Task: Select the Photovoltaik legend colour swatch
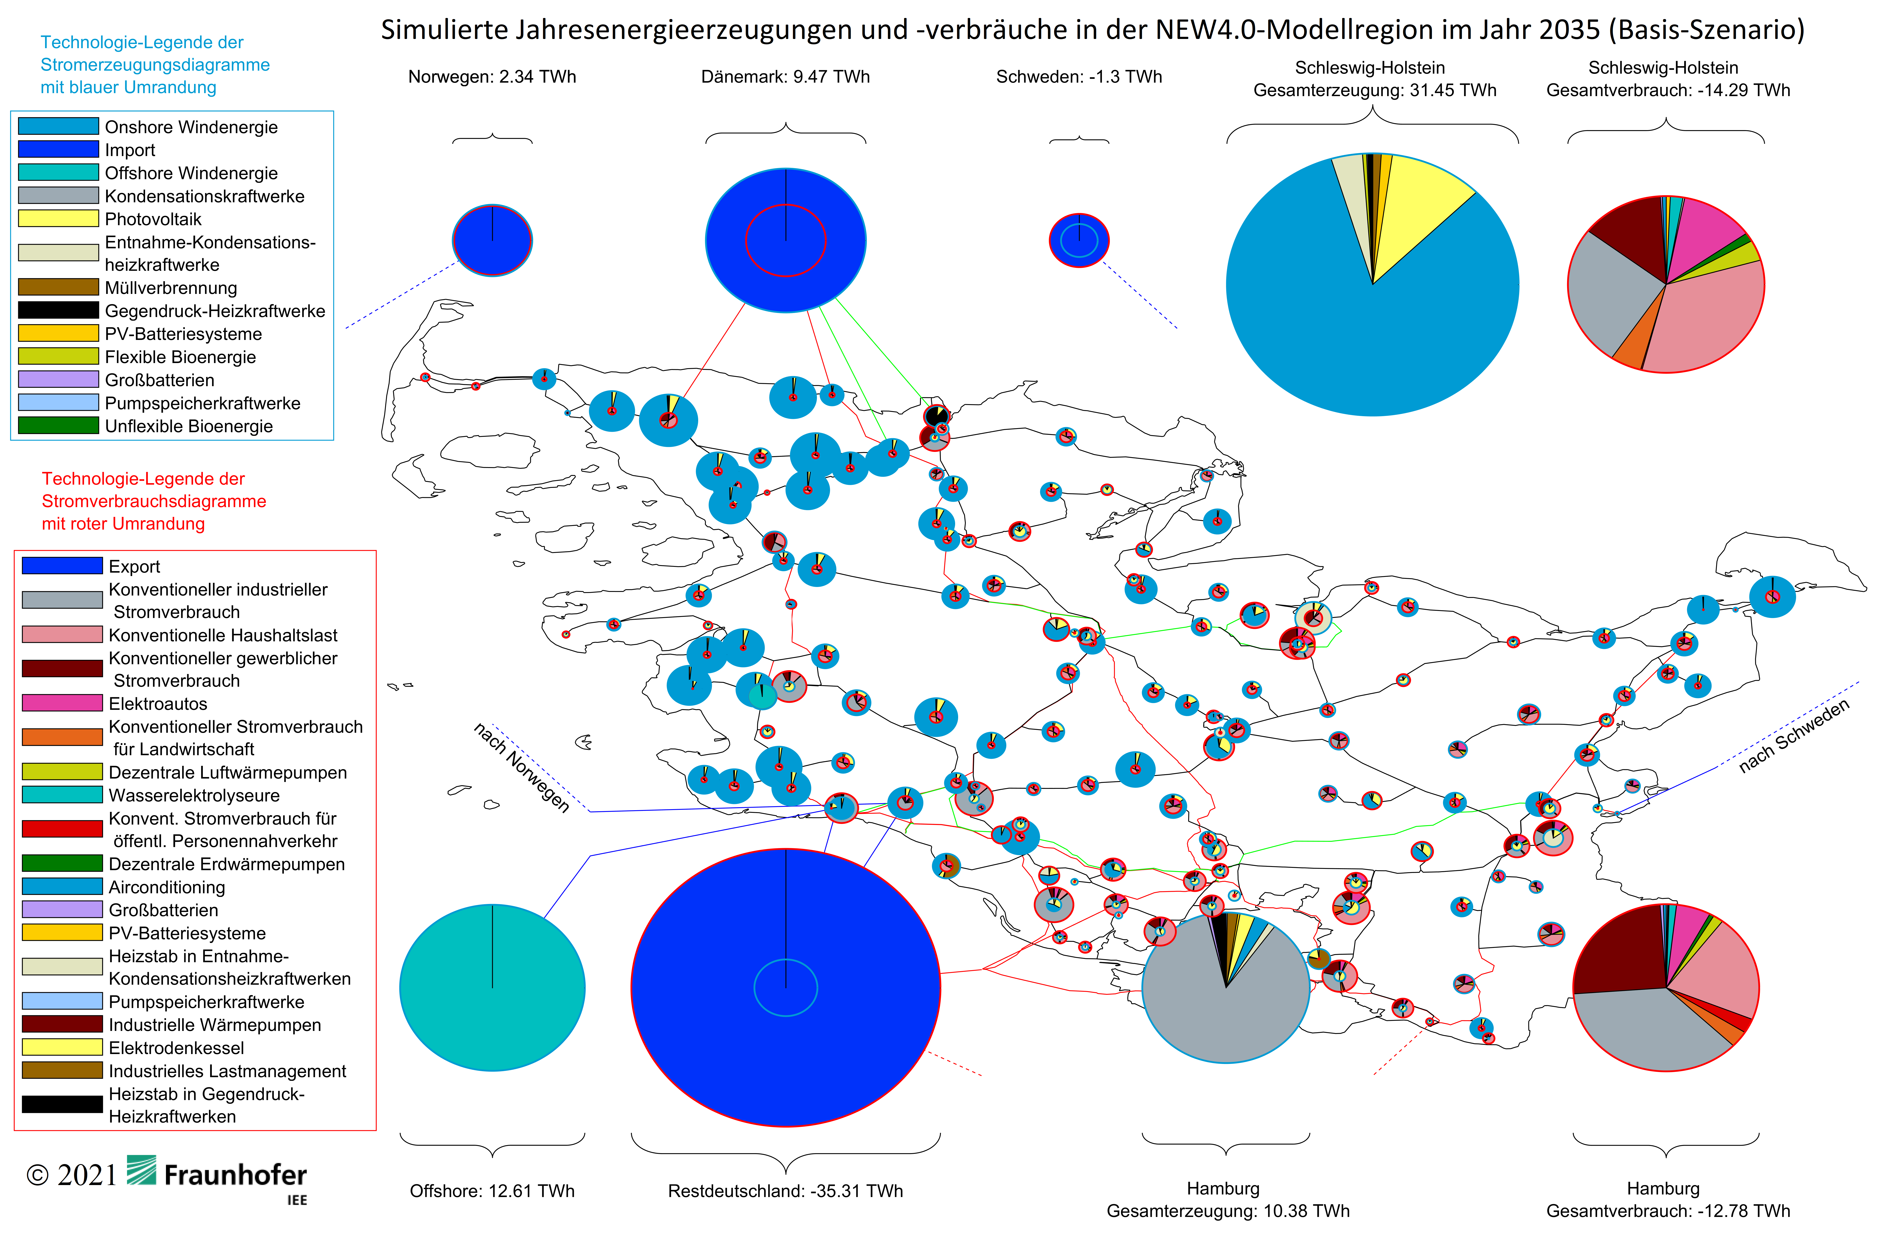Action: pyautogui.click(x=58, y=218)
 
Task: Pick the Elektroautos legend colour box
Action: pyautogui.click(x=62, y=703)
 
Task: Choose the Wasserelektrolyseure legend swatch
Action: pyautogui.click(x=62, y=795)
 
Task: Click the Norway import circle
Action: pyautogui.click(x=493, y=240)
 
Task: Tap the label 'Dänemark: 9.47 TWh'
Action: pyautogui.click(x=785, y=77)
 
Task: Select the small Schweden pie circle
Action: pyautogui.click(x=1079, y=240)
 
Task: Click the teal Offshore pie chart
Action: pyautogui.click(x=493, y=988)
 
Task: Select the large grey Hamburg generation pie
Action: pyautogui.click(x=1226, y=988)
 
